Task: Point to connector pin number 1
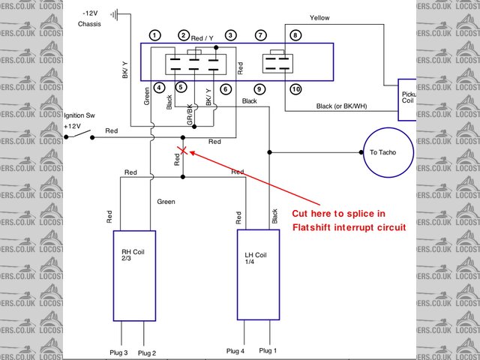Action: pos(154,35)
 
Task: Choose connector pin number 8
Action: pos(295,35)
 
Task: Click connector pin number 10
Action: pos(295,89)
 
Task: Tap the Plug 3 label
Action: pos(120,352)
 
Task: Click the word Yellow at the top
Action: pos(319,17)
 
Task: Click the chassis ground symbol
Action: pos(115,14)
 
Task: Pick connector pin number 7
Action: pos(260,35)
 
